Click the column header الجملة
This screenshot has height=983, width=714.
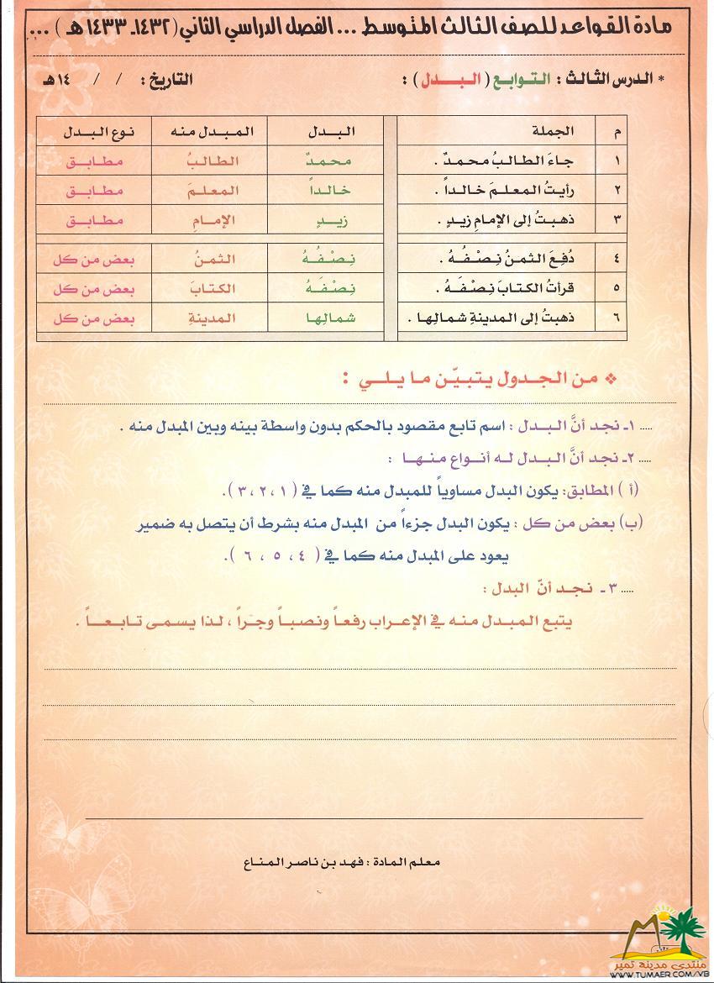click(x=554, y=130)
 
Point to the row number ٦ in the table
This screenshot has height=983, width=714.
click(x=617, y=319)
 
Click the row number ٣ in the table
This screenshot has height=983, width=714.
click(x=617, y=220)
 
